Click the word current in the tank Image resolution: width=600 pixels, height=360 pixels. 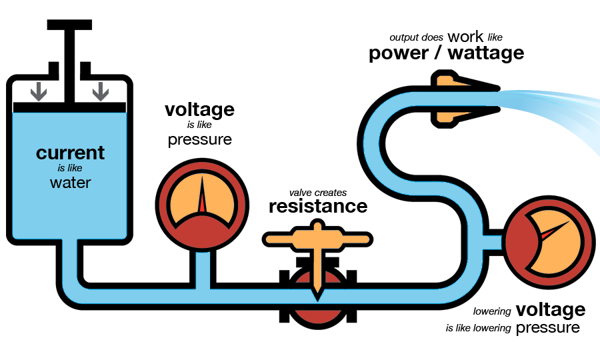coord(70,153)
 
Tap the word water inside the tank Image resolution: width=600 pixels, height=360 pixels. coord(70,182)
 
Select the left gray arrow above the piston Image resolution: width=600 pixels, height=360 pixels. coord(39,90)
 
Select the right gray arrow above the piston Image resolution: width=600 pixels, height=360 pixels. coord(101,90)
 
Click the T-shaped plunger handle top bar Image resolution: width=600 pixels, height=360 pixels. coord(69,24)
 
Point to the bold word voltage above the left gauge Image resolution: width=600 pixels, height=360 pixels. coord(199,109)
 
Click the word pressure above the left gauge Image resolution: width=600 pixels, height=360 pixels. coord(199,139)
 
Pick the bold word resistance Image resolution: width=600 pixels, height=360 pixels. coord(318,206)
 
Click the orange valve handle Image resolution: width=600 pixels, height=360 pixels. coord(318,237)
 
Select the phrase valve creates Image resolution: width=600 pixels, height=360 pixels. coord(318,193)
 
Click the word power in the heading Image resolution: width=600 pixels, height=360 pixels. coord(398,53)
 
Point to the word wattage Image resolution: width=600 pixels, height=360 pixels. coord(485,53)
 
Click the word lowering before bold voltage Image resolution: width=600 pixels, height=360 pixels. coord(492,311)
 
